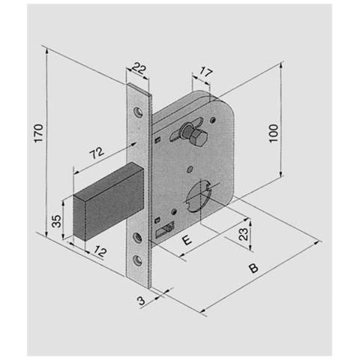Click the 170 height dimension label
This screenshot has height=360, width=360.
[38, 133]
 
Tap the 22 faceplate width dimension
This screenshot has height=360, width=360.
[139, 67]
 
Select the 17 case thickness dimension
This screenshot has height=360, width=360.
[206, 73]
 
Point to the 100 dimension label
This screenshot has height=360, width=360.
[274, 133]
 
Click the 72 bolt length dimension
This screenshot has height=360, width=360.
[97, 153]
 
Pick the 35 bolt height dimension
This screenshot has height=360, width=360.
[56, 221]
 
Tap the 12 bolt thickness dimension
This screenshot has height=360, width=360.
[100, 251]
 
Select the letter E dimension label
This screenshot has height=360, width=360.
[187, 240]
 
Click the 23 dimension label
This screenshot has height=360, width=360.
[244, 234]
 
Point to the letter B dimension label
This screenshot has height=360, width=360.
[253, 268]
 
